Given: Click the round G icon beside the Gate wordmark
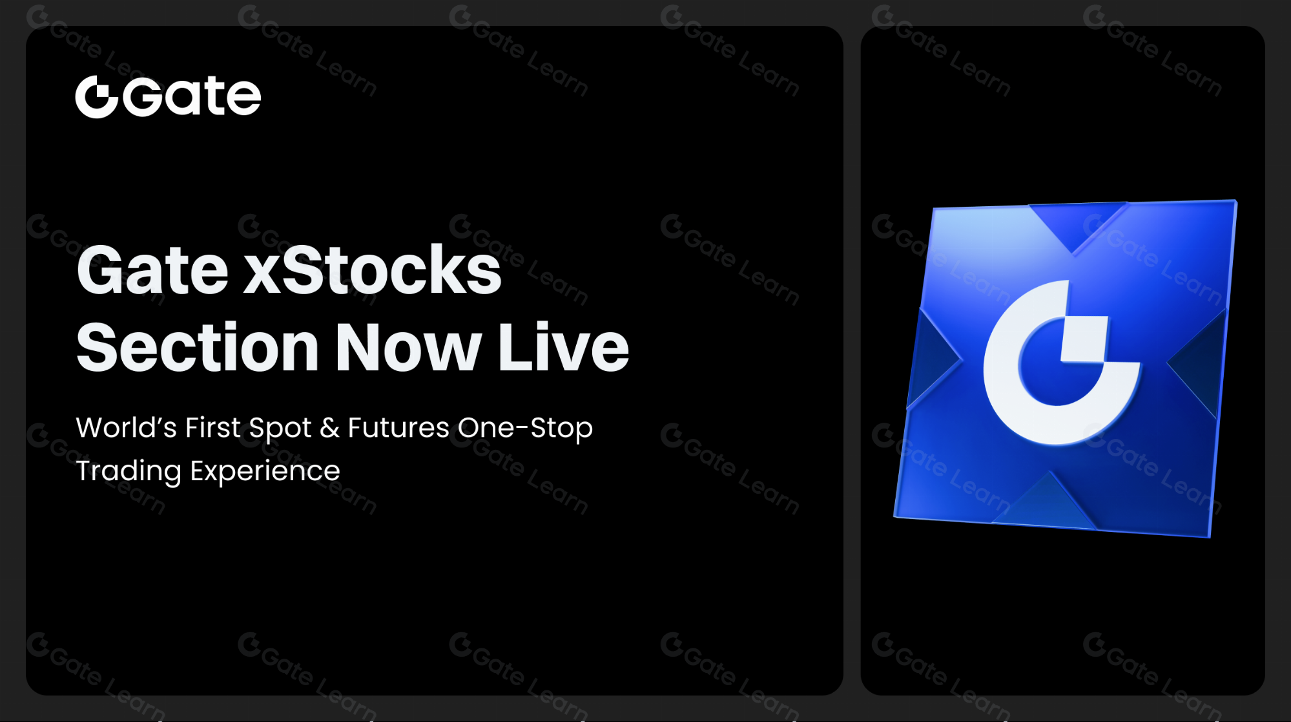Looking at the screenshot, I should tap(96, 97).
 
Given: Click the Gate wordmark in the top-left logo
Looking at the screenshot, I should tap(192, 97).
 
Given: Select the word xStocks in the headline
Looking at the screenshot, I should tap(372, 270).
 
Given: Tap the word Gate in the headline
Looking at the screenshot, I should tap(152, 270).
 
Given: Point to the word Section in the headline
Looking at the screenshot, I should tap(198, 348).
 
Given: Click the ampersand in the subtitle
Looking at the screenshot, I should tap(329, 428).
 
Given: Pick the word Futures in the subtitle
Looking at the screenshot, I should tap(398, 428).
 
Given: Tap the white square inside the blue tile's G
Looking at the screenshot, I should tap(1084, 339).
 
